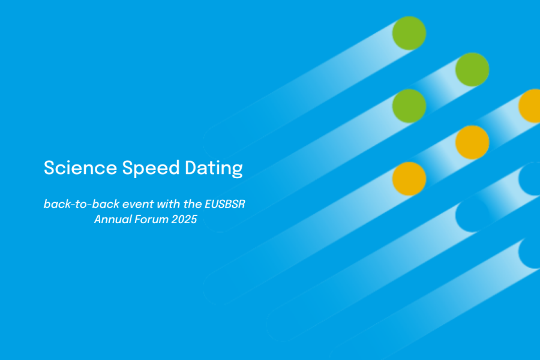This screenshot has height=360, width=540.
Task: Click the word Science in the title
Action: (x=80, y=168)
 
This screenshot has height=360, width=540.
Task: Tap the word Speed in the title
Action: (x=151, y=169)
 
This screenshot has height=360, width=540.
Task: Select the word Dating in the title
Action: (x=214, y=169)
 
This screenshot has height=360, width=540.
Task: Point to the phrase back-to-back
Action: (x=82, y=204)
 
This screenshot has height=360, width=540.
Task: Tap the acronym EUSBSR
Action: (x=225, y=204)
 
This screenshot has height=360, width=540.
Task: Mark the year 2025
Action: (x=184, y=220)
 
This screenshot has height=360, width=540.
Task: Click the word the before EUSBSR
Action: (x=193, y=204)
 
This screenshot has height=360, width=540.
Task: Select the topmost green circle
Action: (x=409, y=33)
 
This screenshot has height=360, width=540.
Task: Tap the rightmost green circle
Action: (x=472, y=70)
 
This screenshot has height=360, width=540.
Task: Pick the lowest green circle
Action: (x=409, y=106)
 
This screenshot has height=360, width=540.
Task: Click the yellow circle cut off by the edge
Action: (x=530, y=106)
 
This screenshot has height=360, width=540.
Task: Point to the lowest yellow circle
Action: (x=409, y=179)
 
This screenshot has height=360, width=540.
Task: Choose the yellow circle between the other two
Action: (x=472, y=142)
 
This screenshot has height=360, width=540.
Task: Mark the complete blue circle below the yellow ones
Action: (x=472, y=215)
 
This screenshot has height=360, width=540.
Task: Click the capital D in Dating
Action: (x=191, y=168)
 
